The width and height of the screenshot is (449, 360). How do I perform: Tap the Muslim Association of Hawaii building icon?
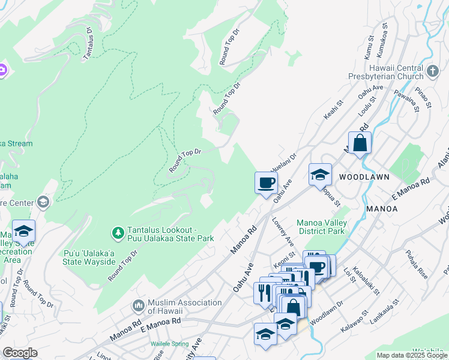(x=139, y=307)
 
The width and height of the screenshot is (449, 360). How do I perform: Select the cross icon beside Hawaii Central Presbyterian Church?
(x=433, y=73)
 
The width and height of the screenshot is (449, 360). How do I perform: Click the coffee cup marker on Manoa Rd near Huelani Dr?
(x=265, y=183)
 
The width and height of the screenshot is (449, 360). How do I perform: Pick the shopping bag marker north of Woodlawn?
(x=360, y=143)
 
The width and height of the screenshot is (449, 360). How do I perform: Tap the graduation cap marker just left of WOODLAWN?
(x=320, y=175)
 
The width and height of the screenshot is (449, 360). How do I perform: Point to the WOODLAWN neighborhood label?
(x=364, y=177)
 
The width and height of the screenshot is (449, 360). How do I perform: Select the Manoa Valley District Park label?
(x=321, y=227)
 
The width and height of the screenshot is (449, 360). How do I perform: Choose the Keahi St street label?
(x=333, y=109)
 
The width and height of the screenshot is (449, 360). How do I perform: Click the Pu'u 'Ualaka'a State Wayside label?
(x=89, y=257)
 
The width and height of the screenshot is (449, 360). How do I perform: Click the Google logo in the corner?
(x=20, y=353)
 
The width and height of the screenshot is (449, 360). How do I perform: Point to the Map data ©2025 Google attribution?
(x=411, y=355)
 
